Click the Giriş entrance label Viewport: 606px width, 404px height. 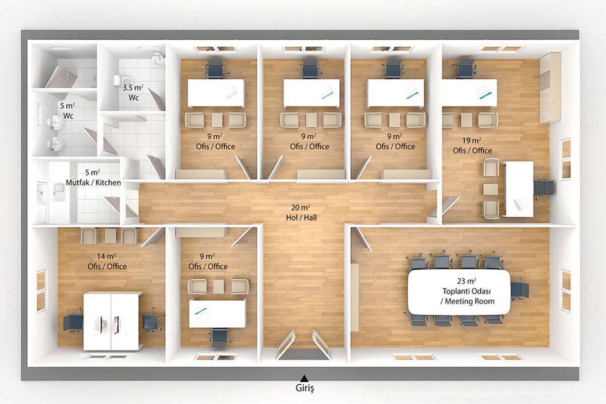[305, 388]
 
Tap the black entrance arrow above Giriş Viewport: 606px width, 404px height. [305, 378]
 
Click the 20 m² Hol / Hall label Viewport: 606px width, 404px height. [301, 213]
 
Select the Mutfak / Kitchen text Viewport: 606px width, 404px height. [93, 183]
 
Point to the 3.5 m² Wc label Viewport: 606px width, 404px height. [133, 92]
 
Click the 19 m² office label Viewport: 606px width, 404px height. [472, 145]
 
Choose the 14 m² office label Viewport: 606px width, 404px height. [107, 262]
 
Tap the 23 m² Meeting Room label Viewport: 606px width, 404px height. [467, 291]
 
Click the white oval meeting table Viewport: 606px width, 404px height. [459, 292]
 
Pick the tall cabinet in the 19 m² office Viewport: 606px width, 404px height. [550, 88]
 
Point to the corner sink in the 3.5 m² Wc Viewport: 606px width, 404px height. [159, 59]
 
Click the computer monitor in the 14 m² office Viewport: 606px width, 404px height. [116, 325]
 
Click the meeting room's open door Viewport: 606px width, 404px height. [363, 239]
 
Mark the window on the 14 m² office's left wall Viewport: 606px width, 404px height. [42, 290]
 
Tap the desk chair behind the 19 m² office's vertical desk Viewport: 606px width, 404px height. [543, 188]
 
